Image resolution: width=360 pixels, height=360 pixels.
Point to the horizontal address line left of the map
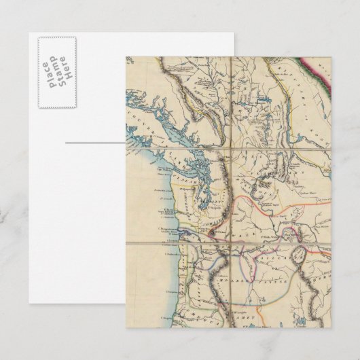click(95, 143)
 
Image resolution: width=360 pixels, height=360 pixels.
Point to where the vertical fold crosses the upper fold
click(232, 143)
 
